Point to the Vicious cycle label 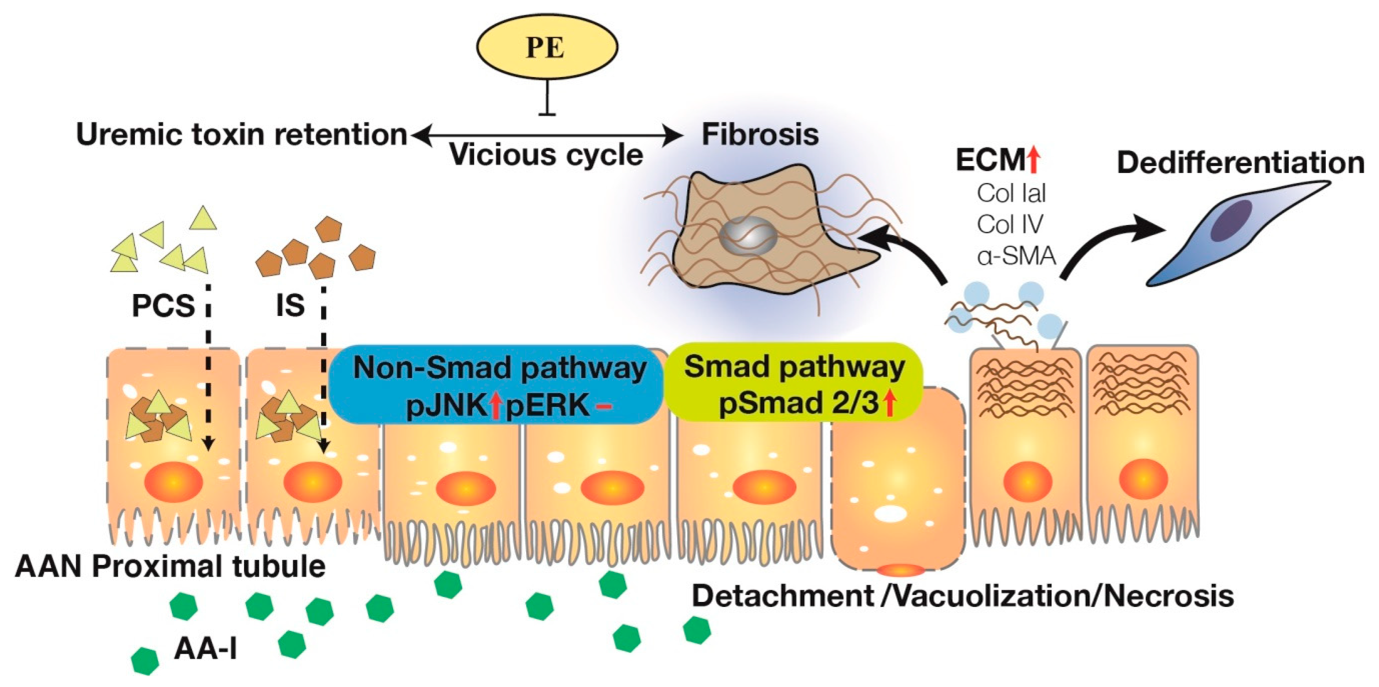(x=546, y=155)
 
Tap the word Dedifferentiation (x=1240, y=163)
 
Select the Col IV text (x=1010, y=225)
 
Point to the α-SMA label (x=1016, y=256)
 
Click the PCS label (x=163, y=306)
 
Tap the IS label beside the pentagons (x=290, y=305)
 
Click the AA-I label (x=205, y=650)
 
